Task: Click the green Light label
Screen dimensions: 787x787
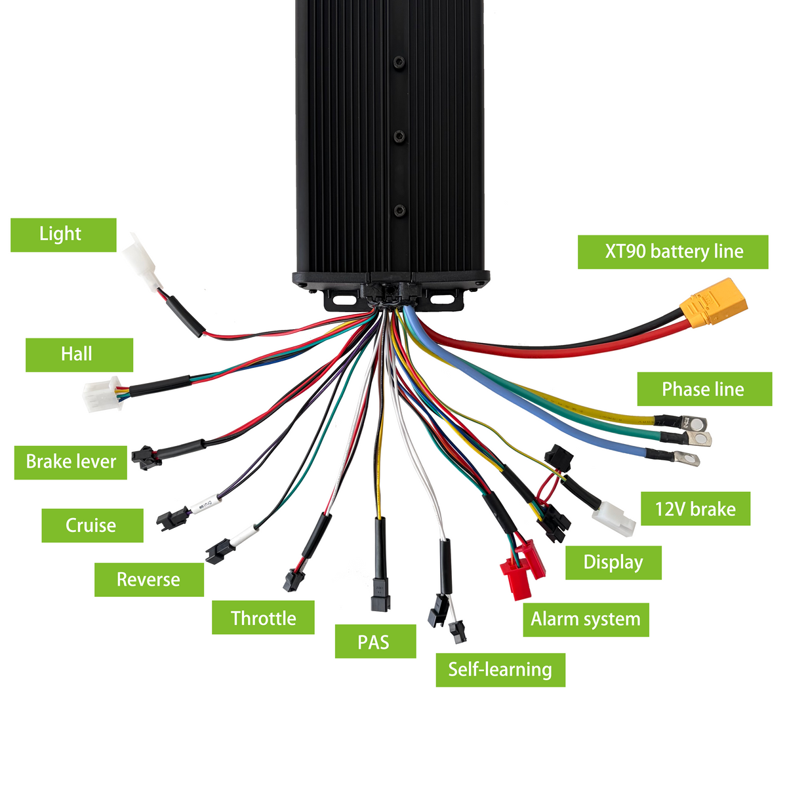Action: (64, 235)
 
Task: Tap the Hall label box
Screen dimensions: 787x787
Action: (79, 355)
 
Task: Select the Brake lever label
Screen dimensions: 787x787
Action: (71, 462)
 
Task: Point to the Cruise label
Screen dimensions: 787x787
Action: (92, 525)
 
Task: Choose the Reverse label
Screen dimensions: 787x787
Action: (149, 580)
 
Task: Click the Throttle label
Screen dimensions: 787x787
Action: (263, 617)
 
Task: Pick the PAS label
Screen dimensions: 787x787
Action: (375, 641)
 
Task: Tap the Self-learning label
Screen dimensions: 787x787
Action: (500, 670)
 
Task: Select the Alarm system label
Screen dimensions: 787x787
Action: (586, 620)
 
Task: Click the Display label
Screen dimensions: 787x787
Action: (613, 562)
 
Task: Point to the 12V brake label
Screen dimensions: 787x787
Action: (695, 508)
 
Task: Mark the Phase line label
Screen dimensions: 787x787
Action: (704, 389)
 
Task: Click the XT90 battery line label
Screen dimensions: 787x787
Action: (673, 252)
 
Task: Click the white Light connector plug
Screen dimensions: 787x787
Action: (142, 262)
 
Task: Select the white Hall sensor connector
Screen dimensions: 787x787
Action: (102, 394)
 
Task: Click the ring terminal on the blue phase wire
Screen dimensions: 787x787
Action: (686, 458)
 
